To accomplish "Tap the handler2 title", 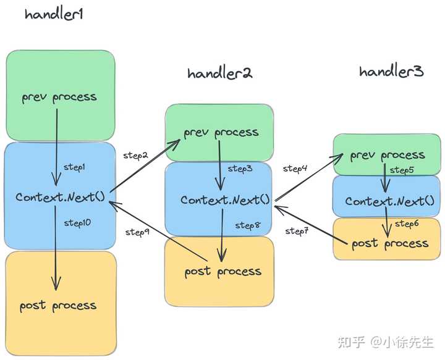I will [220, 73].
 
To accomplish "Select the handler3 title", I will [391, 72].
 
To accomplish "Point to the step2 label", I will [136, 154].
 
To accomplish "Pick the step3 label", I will [240, 168].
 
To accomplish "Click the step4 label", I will [295, 168].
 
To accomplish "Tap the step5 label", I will [402, 170].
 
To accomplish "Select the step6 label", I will [407, 224].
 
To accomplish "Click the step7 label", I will [297, 232].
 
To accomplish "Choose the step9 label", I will [137, 232].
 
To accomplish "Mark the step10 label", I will [77, 223].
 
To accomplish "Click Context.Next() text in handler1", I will [61, 197].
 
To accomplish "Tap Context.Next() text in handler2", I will [226, 200].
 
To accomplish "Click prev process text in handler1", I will [59, 97].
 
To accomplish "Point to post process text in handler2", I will [222, 272].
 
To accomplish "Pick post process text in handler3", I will [389, 243].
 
